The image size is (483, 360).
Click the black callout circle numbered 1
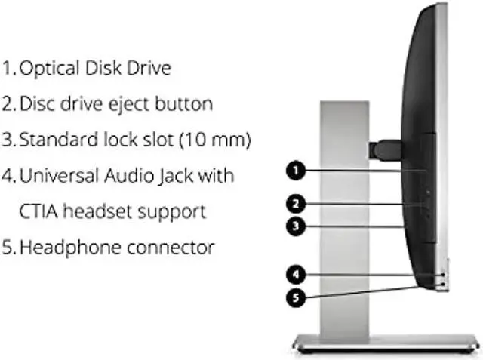(296, 171)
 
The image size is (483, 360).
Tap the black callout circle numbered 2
(296, 203)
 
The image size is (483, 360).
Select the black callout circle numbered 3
(296, 225)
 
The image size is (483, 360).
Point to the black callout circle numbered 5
(296, 297)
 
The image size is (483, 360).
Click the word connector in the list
(168, 248)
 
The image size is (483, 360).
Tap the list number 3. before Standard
(9, 140)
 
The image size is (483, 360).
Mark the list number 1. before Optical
(9, 69)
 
